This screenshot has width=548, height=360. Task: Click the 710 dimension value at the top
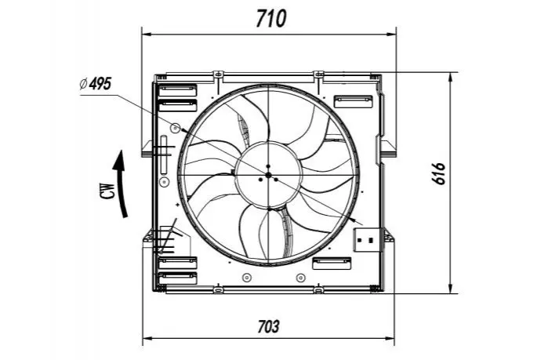[x=270, y=19]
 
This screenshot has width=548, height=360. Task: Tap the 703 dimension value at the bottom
[x=268, y=327]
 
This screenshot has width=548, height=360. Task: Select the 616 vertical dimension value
[x=438, y=173]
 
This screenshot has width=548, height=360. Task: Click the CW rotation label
[x=108, y=191]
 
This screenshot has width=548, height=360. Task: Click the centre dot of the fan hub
[x=268, y=175]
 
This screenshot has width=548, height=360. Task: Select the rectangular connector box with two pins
[x=367, y=240]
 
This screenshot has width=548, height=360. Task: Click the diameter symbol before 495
[x=83, y=84]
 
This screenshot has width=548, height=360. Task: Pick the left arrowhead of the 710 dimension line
[x=147, y=35]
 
